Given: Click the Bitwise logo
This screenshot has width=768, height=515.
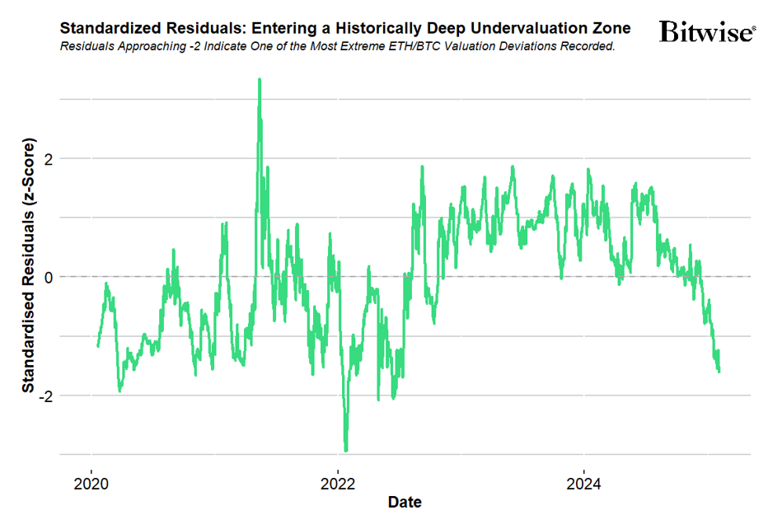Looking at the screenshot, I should pos(707,32).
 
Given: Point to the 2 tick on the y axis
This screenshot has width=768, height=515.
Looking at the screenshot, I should pos(49,158).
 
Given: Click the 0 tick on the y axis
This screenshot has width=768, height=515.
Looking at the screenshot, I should pos(49,277).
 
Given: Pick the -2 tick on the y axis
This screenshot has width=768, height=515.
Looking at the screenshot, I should pos(46,396).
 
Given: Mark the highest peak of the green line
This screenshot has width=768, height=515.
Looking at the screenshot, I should pos(260,80).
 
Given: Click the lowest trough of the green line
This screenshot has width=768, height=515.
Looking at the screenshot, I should pos(346,450).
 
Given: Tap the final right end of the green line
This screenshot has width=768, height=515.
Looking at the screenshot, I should pos(719,372).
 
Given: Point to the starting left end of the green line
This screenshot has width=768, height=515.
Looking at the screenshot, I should pos(98,346).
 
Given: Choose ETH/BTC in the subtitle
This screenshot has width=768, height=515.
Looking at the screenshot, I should pos(406,46).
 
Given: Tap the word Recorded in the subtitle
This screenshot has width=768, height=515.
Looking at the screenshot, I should pos(587,46).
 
